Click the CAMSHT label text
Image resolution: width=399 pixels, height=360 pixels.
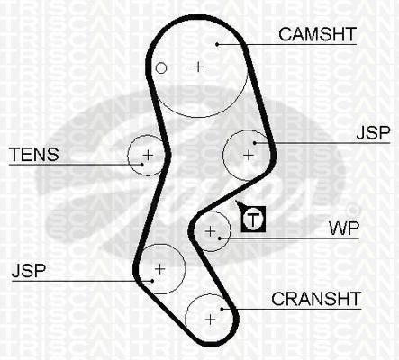pos(317,34)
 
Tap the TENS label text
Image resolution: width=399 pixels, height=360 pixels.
pos(34,155)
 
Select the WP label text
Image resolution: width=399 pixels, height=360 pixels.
pos(344,229)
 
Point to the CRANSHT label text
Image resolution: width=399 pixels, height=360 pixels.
pos(316,299)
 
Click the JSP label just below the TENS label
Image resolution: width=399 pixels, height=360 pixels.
pos(29,270)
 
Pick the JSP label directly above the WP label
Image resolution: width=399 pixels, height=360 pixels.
pos(373,132)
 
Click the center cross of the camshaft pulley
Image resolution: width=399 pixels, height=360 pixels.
pos(198,67)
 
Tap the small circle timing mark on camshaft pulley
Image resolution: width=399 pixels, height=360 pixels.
pos(161,68)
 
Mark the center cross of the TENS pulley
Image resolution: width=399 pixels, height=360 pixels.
pos(148,155)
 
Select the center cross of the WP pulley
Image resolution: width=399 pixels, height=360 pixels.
pos(211,231)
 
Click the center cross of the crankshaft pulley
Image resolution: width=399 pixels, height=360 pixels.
pos(211,319)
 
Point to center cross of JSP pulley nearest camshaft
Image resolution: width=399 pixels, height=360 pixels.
pos(249,156)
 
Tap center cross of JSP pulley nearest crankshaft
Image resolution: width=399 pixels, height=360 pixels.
pos(159,269)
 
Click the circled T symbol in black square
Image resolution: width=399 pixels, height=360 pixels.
pos(253,220)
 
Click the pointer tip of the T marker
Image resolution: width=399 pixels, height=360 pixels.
pos(236,201)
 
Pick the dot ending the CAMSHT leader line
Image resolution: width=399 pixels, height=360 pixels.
pos(217,44)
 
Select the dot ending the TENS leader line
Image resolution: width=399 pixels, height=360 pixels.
pos(141,165)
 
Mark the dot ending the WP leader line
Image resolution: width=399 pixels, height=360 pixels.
pos(220,238)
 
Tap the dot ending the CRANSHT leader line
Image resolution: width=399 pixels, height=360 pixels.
pos(222,309)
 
